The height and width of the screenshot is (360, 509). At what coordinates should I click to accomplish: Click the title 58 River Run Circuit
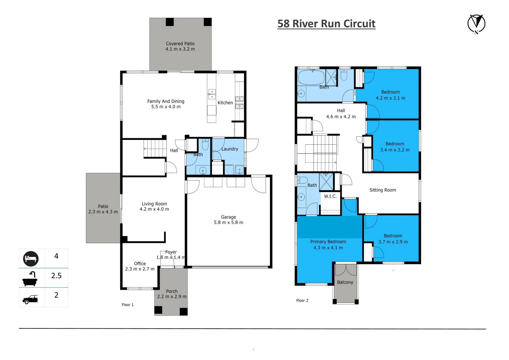pos(326,24)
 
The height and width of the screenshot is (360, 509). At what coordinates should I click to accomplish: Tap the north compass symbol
pos(476,24)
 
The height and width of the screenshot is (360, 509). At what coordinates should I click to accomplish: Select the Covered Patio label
pos(180,46)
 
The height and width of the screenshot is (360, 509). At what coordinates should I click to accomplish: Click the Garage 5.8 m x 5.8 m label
pos(228,220)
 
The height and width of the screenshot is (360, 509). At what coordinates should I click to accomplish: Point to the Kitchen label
pos(225,103)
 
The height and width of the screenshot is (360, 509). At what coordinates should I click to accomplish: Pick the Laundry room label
pos(230,149)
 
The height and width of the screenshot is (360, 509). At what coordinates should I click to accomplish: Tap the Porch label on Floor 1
pos(172,294)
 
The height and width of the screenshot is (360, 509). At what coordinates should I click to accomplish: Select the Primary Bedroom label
pos(328,245)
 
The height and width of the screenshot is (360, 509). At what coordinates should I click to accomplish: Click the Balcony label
pos(345,282)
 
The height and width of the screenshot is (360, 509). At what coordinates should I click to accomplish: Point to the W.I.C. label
pos(330,196)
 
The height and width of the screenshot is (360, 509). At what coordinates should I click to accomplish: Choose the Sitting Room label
pos(383,190)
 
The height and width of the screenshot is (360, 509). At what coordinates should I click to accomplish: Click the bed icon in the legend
pos(31,259)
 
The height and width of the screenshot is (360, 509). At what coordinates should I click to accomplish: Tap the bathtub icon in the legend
pos(30,279)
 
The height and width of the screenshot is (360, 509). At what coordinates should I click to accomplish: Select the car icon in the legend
pos(30,299)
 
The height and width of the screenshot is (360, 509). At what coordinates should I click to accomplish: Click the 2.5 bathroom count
pos(56,276)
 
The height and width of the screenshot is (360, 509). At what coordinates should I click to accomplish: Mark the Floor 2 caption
pos(302,301)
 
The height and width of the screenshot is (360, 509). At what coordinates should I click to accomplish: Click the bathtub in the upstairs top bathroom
pos(311,77)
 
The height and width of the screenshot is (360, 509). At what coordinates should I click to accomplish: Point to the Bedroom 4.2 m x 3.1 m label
pos(390,95)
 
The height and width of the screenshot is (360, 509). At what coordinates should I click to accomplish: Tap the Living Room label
pos(154,206)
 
